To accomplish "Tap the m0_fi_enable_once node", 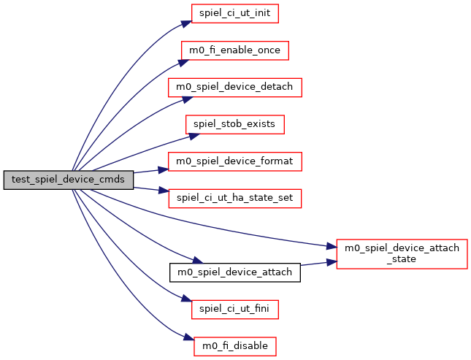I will pos(235,50).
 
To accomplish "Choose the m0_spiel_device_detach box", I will pos(235,87).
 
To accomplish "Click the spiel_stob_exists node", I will pos(234,124).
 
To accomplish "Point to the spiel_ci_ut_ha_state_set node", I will pos(235,198).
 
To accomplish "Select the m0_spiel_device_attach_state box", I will pos(402,253).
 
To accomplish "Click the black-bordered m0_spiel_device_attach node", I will pos(235,272).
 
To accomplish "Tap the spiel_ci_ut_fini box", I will pos(234,309).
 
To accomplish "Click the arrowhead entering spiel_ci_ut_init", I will pos(187,22).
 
